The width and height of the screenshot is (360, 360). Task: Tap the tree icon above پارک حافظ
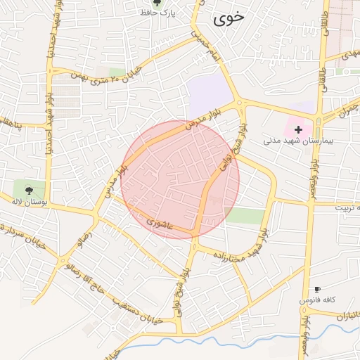156,3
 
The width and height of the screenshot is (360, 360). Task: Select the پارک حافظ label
157,13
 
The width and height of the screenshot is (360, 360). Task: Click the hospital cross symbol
299,129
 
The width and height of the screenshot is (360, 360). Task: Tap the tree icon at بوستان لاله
29,190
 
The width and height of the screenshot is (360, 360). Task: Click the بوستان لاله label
29,201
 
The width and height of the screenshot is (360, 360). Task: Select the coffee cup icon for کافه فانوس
317,290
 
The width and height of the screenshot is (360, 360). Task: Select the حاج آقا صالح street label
91,281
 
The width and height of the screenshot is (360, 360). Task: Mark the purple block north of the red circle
210,94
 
